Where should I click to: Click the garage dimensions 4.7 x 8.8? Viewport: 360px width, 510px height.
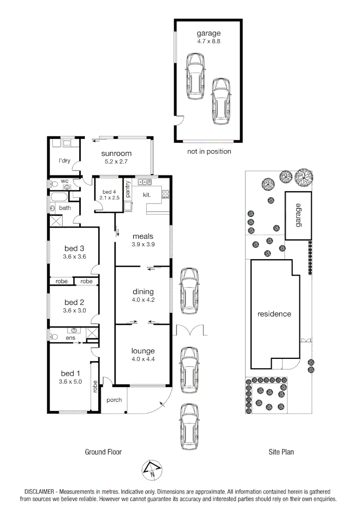pos(209,42)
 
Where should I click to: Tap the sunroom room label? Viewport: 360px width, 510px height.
pos(116,153)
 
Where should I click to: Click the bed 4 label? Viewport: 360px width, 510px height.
pos(109,192)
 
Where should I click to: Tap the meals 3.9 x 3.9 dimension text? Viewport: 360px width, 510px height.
pos(143,245)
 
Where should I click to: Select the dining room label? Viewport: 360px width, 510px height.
pos(143,292)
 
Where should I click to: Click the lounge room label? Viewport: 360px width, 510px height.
pos(143,351)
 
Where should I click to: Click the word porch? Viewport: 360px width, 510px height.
pos(114,400)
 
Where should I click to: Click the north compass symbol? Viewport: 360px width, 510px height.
pos(152,469)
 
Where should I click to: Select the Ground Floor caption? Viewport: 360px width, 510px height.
pos(103,452)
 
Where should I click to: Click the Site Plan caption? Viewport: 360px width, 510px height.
pos(281,452)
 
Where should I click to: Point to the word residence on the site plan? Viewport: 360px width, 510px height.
pos(274,314)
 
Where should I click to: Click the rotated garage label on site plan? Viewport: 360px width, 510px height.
pos(298,215)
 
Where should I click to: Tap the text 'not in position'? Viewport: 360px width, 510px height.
pos(209,152)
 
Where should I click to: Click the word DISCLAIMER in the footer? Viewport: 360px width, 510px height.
pos(41,492)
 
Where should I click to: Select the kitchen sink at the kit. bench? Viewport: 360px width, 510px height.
pos(143,182)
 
